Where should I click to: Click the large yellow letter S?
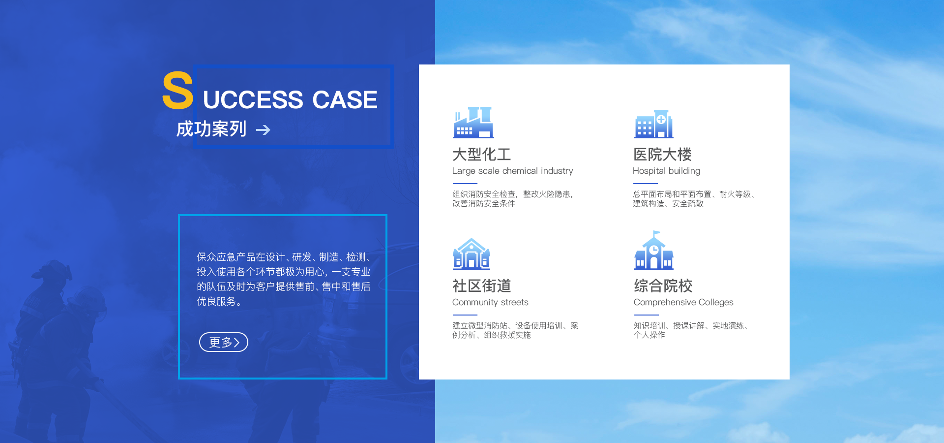click(x=177, y=90)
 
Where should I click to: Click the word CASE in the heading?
click(x=345, y=100)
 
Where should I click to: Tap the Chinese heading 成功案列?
click(x=211, y=129)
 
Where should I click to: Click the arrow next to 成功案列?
click(x=263, y=130)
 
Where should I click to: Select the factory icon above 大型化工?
click(x=473, y=123)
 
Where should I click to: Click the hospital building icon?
click(x=654, y=124)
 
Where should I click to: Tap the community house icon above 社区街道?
click(x=472, y=253)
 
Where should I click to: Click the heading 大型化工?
click(x=482, y=155)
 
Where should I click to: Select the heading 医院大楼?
click(x=663, y=155)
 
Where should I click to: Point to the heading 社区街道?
click(x=482, y=286)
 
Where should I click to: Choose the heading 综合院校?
click(x=663, y=286)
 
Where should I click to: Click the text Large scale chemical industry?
click(x=513, y=171)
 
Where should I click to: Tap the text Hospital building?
click(x=667, y=171)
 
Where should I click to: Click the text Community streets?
click(x=490, y=303)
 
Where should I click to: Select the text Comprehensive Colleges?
click(x=683, y=303)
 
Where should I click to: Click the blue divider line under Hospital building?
click(x=646, y=184)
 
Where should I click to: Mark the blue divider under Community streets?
click(x=465, y=315)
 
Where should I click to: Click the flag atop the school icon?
click(x=656, y=233)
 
